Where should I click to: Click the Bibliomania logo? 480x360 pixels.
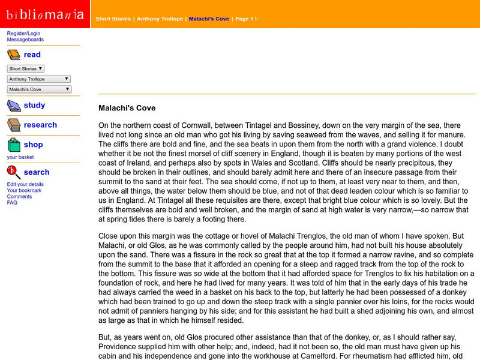45,14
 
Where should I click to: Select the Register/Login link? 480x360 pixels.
23,33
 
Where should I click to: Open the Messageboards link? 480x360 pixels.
25,40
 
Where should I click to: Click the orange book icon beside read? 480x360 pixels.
13,55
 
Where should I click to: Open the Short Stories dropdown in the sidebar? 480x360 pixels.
26,68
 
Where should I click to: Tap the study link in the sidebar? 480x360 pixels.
34,106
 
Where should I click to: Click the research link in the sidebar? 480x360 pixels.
40,125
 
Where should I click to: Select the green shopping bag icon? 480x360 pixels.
13,145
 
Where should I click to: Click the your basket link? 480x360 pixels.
20,157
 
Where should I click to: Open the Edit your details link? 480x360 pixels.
25,184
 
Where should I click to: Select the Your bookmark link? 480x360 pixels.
24,190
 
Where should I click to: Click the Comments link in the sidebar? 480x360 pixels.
19,196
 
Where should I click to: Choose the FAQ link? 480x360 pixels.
12,202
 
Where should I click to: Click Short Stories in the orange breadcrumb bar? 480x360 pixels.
113,19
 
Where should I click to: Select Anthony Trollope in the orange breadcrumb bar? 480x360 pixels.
160,19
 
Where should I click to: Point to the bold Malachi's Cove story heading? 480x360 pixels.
127,109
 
